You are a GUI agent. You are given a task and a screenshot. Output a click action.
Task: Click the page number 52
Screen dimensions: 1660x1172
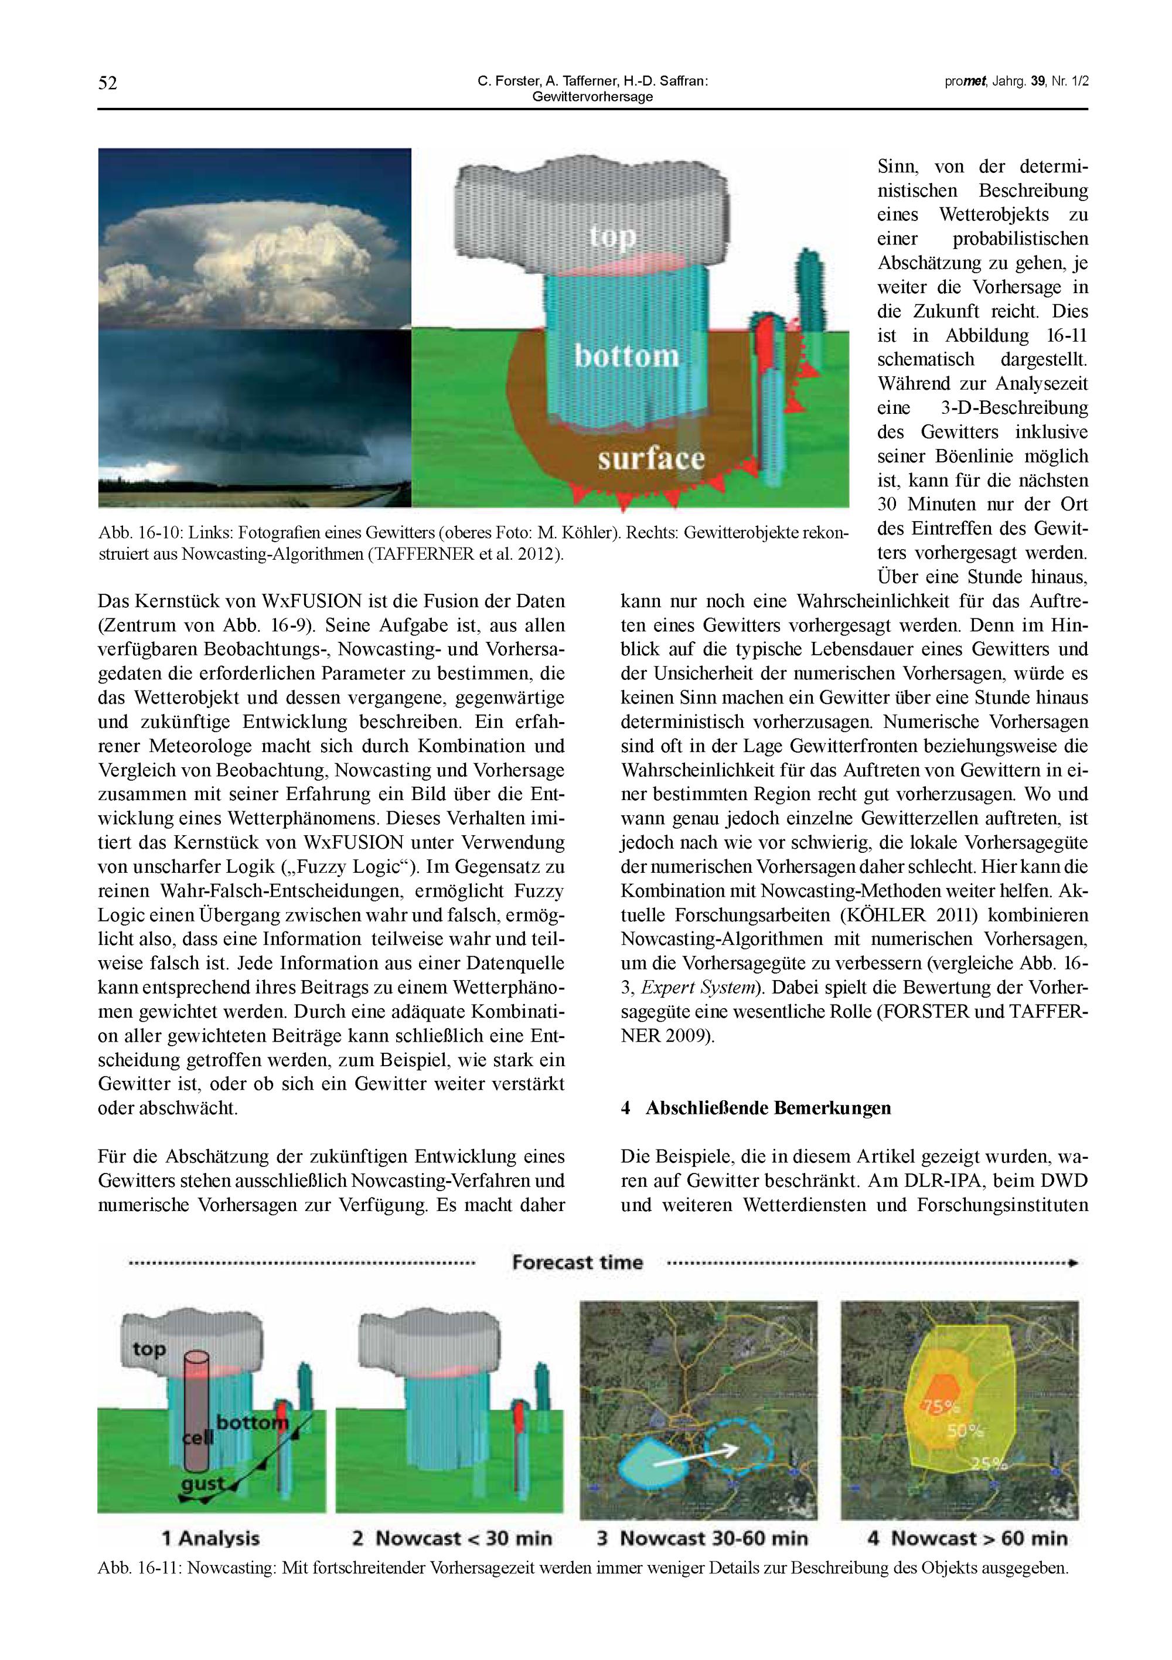click(x=107, y=83)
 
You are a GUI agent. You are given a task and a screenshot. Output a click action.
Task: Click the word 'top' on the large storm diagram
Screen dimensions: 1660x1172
click(x=612, y=236)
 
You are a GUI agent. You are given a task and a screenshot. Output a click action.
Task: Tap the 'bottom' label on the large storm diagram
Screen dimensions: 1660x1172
click(x=626, y=356)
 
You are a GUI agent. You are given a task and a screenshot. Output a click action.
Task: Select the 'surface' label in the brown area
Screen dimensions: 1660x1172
click(x=650, y=458)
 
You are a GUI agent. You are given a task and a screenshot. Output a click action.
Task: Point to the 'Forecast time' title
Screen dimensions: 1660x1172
click(x=577, y=1263)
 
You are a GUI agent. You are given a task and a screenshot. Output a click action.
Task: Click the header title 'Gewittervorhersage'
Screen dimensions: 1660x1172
click(x=592, y=97)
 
